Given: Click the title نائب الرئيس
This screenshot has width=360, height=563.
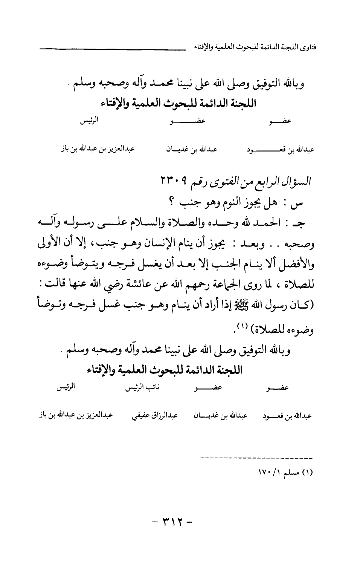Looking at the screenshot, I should [x=142, y=388].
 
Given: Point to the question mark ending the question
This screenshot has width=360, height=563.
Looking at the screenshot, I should [x=171, y=203].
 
